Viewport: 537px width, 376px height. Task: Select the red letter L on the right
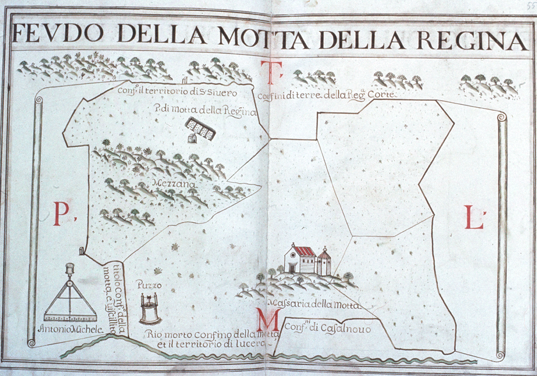pyautogui.click(x=474, y=217)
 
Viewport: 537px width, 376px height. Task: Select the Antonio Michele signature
pyautogui.click(x=71, y=329)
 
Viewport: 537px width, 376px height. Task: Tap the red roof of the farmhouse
pyautogui.click(x=305, y=252)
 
